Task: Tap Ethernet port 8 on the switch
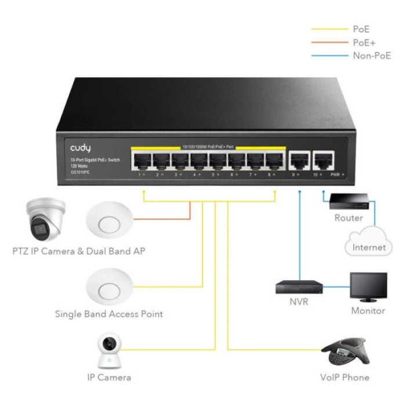[273, 159]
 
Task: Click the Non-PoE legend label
[372, 56]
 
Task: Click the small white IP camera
[108, 352]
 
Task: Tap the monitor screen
[368, 285]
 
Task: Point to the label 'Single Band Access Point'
[108, 314]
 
